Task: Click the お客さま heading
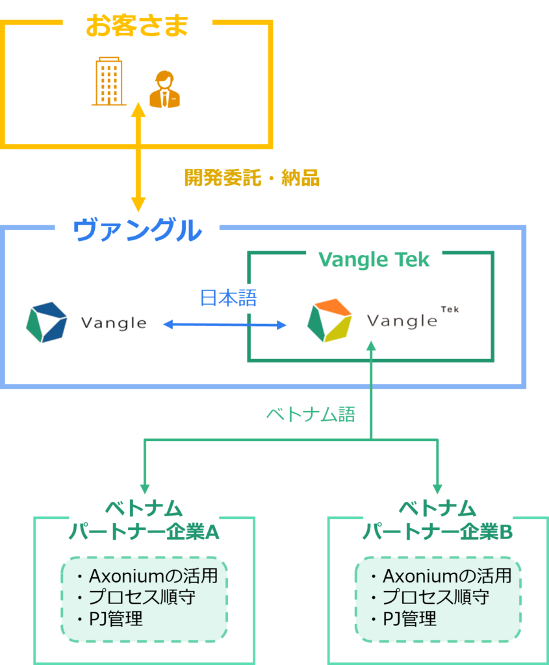click(x=136, y=26)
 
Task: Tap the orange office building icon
click(x=108, y=81)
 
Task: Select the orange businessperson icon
click(x=164, y=90)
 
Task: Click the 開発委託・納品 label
click(x=252, y=179)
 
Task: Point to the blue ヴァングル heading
click(x=137, y=231)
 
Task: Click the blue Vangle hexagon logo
click(x=47, y=321)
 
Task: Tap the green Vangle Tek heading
click(x=374, y=260)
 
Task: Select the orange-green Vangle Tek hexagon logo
click(x=329, y=320)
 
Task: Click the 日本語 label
click(x=228, y=298)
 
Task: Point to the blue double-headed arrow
click(x=224, y=323)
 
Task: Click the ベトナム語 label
click(x=311, y=414)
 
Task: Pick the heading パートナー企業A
click(x=144, y=532)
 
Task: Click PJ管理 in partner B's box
click(x=409, y=618)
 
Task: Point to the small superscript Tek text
click(x=450, y=309)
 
